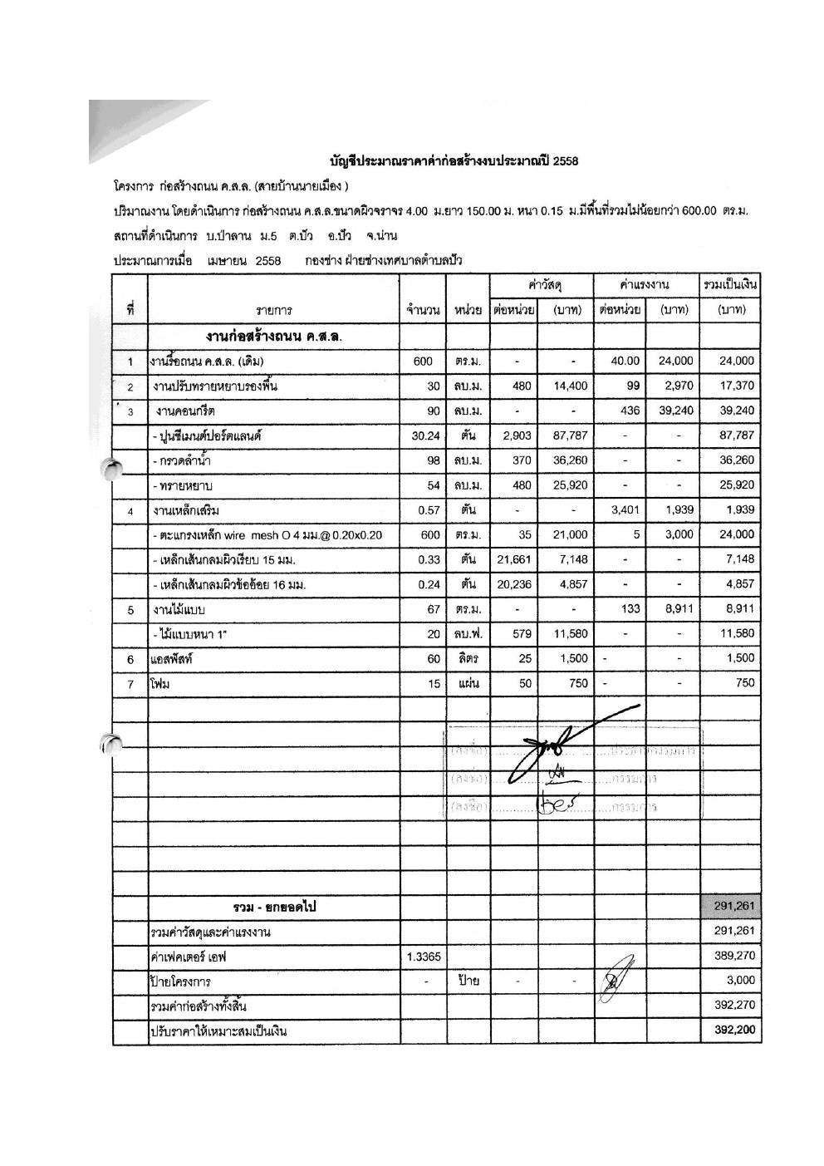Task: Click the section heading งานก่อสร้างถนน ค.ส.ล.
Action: [274, 337]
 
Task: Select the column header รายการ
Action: [273, 311]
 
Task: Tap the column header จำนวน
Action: [423, 311]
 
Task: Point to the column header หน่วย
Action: [468, 311]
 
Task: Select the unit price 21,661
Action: [514, 559]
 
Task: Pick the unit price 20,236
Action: [514, 584]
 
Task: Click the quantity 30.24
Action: [423, 435]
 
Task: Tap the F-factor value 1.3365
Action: [423, 957]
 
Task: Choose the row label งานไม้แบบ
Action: [173, 609]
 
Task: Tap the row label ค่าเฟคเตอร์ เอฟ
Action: [189, 957]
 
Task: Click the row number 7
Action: [130, 683]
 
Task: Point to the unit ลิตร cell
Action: [468, 658]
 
